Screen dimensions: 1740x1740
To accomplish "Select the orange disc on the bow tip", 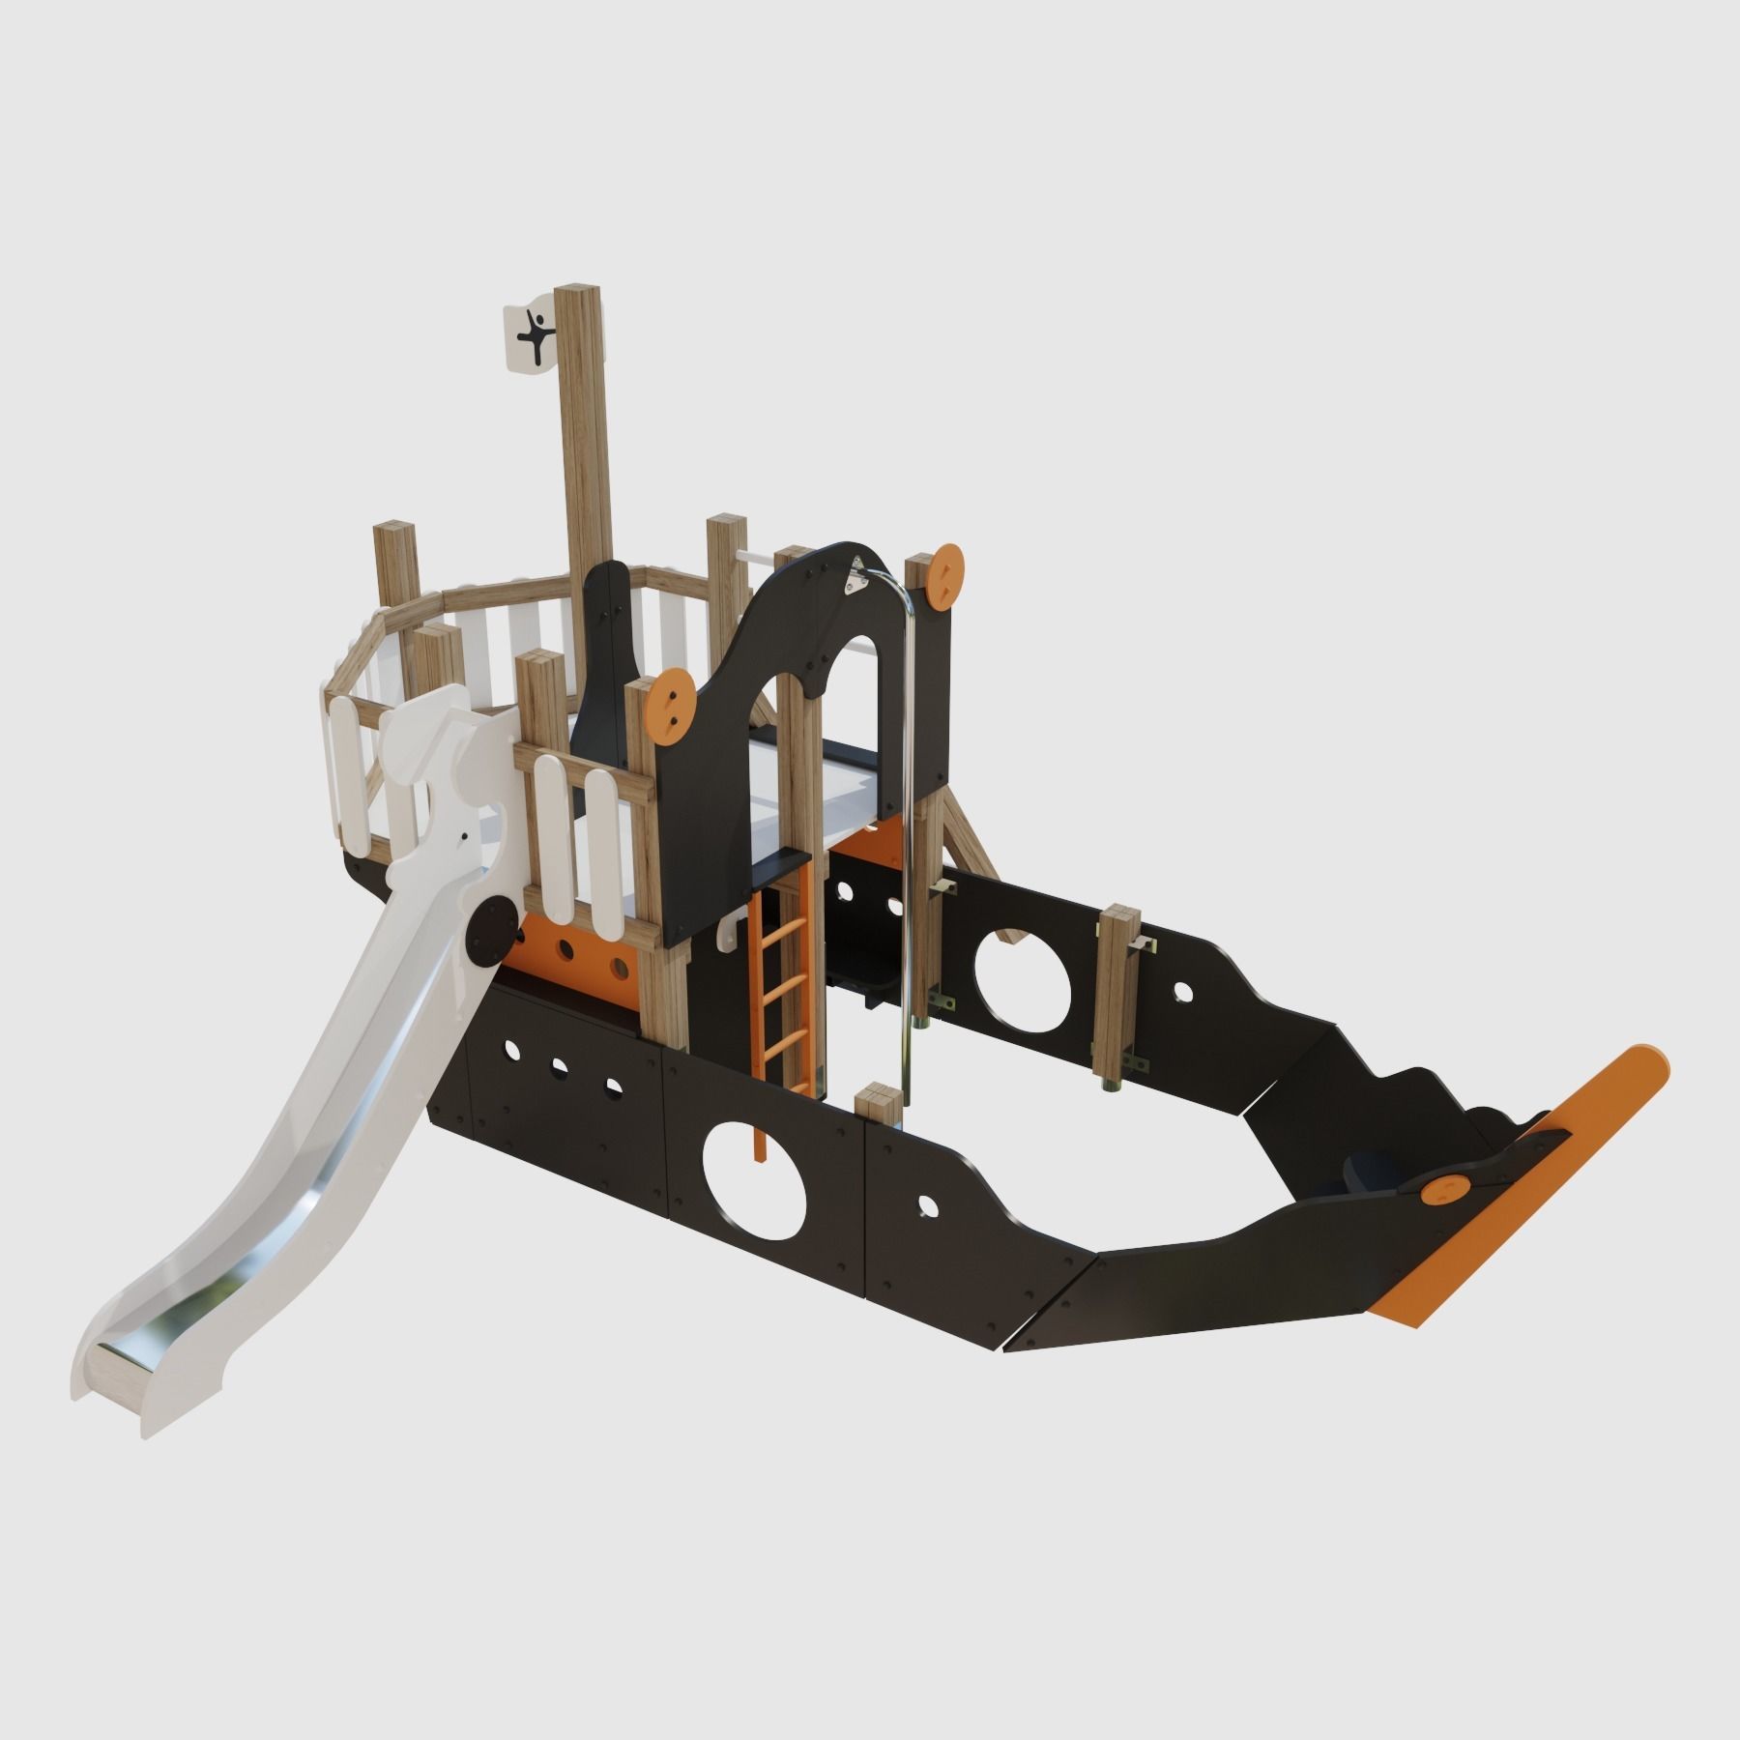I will pos(1443,1190).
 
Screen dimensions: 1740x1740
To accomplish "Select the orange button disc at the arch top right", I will pos(946,575).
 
